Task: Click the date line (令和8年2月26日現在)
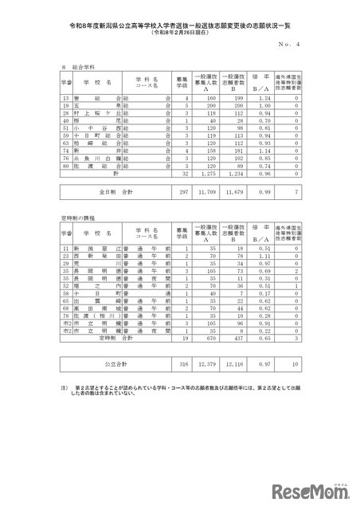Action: pyautogui.click(x=179, y=33)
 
